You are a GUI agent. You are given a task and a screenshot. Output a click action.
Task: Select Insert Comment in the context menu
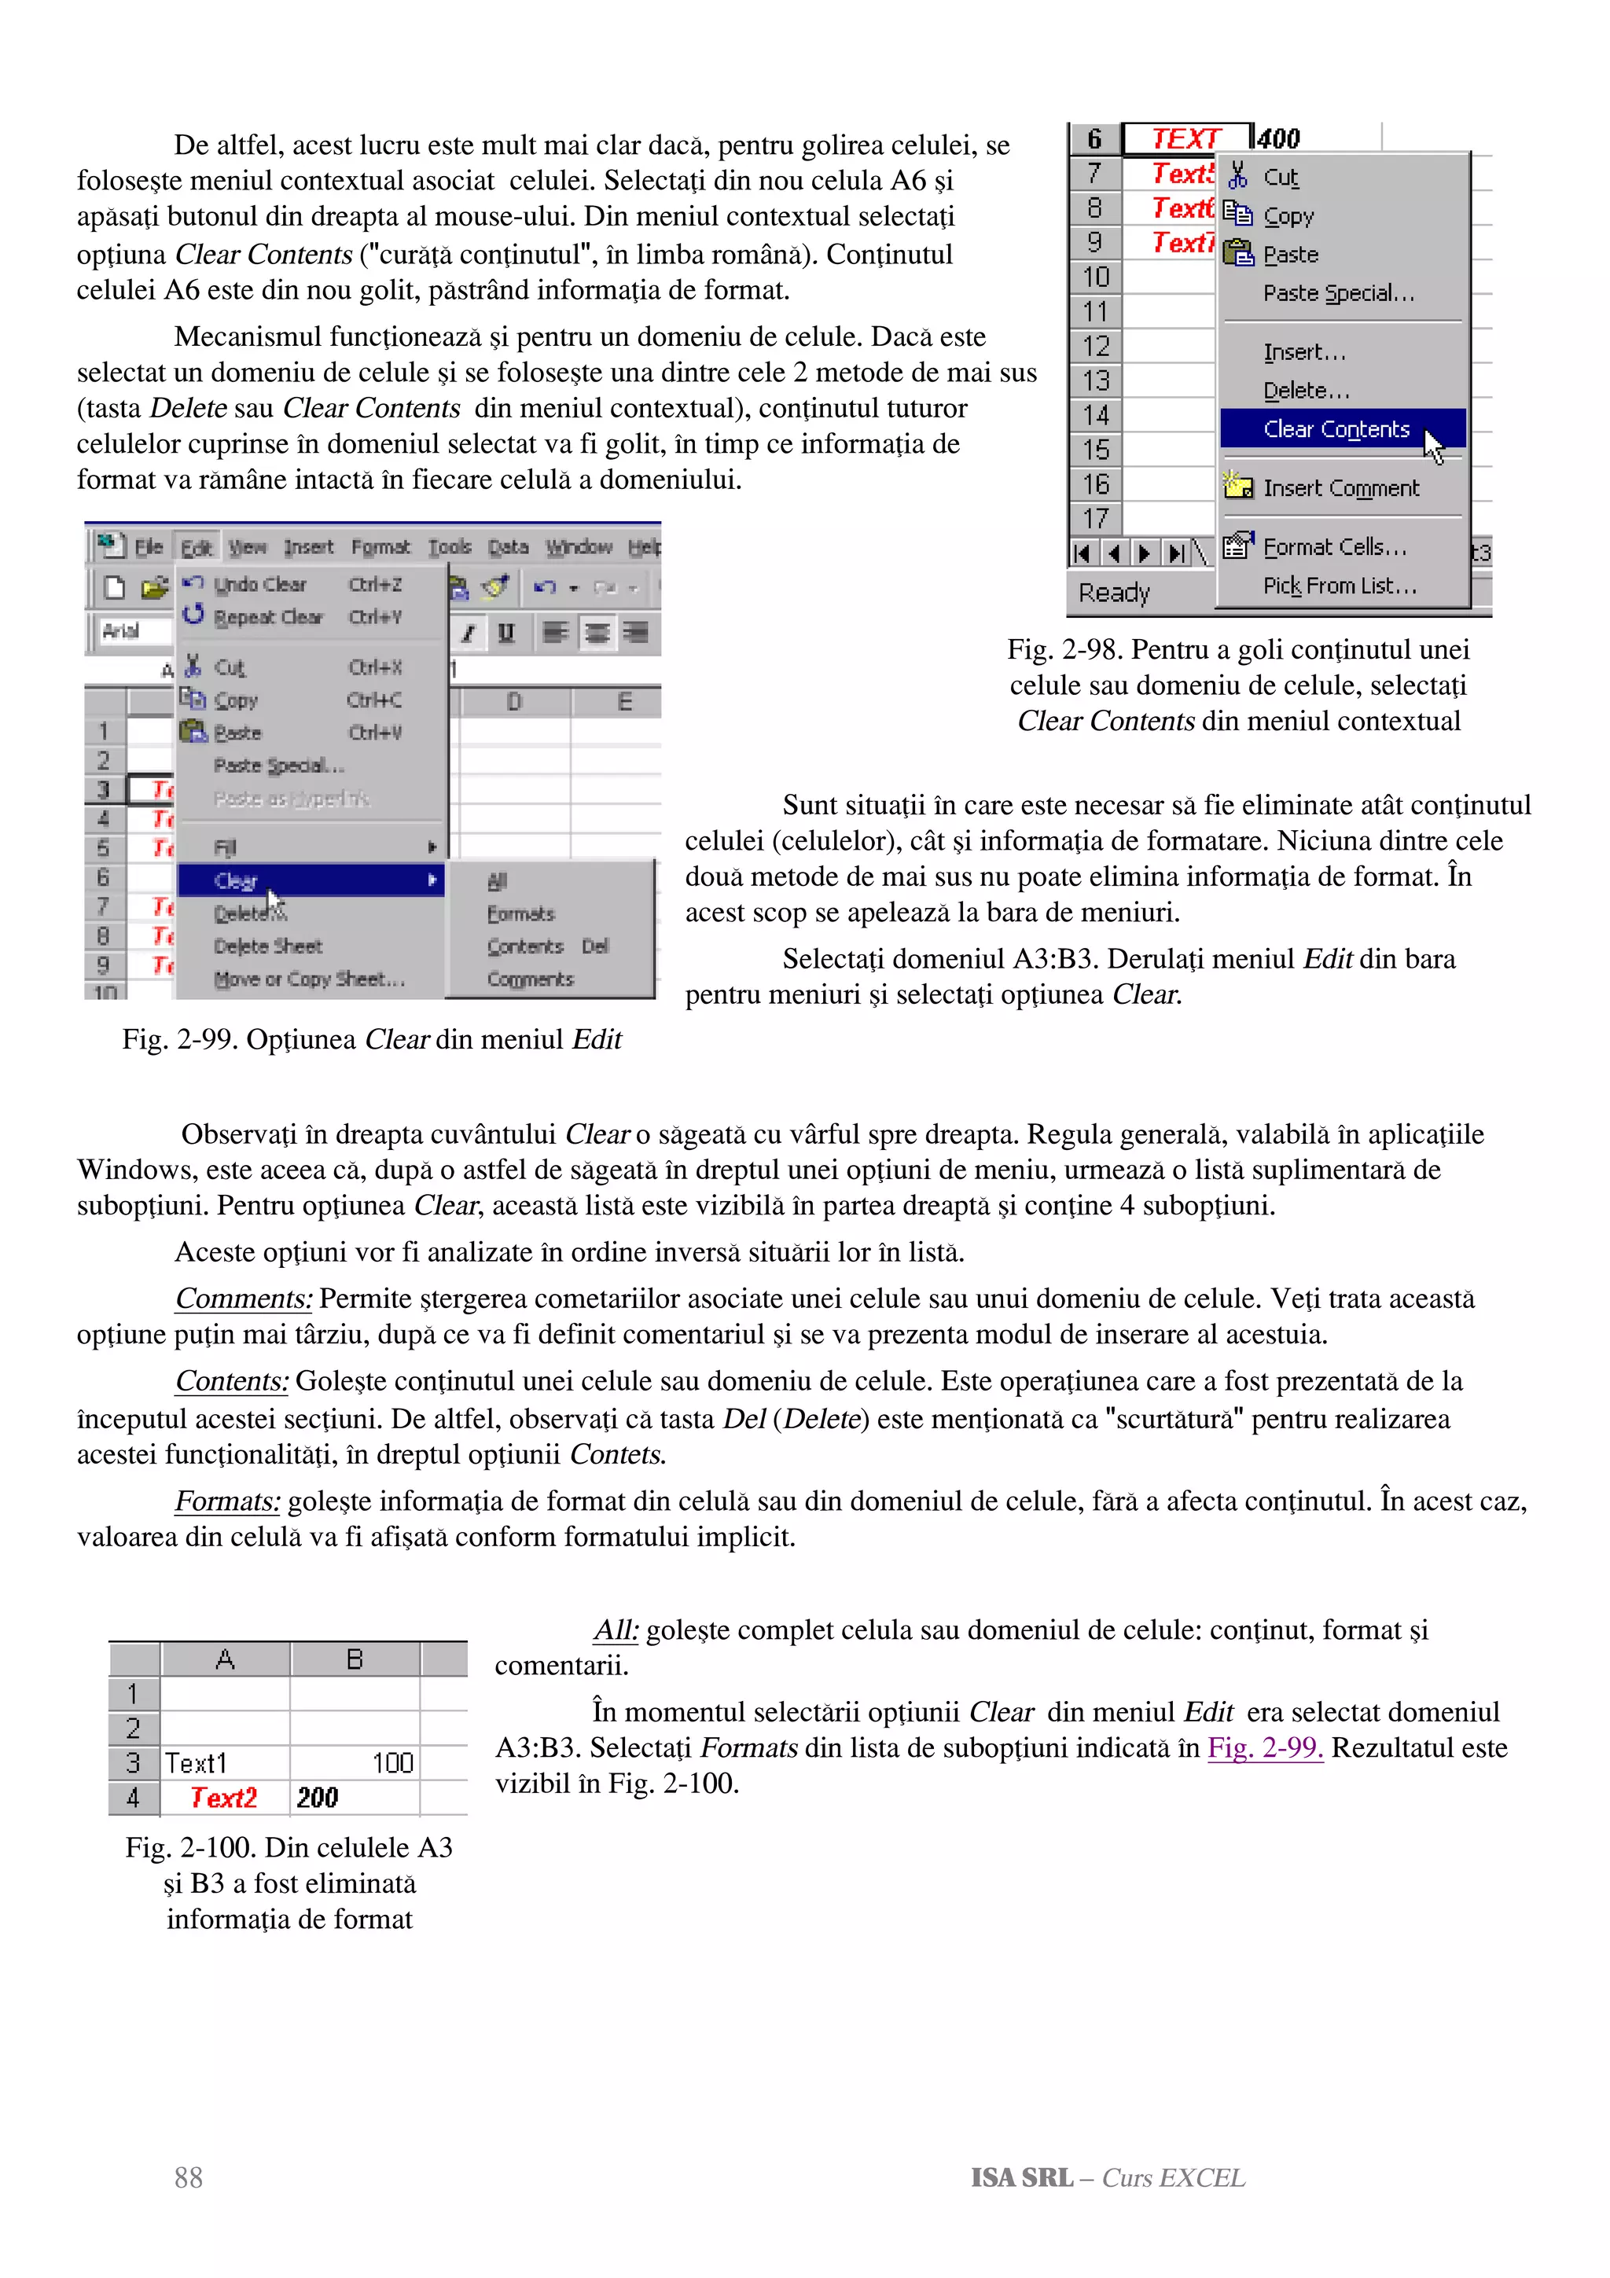pyautogui.click(x=1340, y=488)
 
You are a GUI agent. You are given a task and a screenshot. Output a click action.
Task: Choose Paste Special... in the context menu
pyautogui.click(x=1338, y=294)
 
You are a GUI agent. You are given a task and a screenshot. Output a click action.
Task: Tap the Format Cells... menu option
pyautogui.click(x=1334, y=546)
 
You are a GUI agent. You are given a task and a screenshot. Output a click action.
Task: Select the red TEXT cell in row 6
pyautogui.click(x=1185, y=139)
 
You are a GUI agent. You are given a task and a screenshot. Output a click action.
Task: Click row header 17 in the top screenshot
pyautogui.click(x=1094, y=519)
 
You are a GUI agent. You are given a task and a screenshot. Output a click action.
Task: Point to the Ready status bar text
pyautogui.click(x=1113, y=593)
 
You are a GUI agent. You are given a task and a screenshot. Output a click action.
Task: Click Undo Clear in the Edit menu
pyautogui.click(x=260, y=584)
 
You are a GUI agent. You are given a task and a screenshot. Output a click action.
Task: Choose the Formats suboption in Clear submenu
pyautogui.click(x=520, y=913)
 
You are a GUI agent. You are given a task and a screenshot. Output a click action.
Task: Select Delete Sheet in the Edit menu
pyautogui.click(x=268, y=946)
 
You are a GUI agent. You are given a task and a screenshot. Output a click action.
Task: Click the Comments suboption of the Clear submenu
pyautogui.click(x=530, y=979)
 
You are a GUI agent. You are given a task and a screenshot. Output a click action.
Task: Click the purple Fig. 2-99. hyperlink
pyautogui.click(x=1265, y=1747)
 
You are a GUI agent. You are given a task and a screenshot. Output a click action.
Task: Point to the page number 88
pyautogui.click(x=189, y=2178)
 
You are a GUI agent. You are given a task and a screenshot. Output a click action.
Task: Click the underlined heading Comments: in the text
pyautogui.click(x=244, y=1299)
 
